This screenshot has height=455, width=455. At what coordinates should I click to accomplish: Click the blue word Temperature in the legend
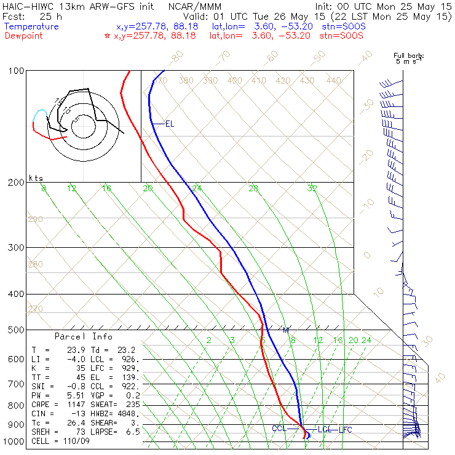(x=31, y=26)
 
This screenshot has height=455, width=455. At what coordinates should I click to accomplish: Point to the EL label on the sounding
(x=170, y=124)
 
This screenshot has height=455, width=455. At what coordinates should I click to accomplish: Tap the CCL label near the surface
(x=279, y=429)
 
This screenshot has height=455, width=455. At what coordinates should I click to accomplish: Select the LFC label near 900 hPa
(x=345, y=429)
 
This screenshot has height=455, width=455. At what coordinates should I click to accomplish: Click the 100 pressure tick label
(x=17, y=71)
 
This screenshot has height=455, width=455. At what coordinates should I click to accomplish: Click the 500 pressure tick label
(x=17, y=330)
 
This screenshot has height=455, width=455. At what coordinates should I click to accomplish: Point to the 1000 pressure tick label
(x=14, y=442)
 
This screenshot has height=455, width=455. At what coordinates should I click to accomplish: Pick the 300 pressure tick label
(x=17, y=247)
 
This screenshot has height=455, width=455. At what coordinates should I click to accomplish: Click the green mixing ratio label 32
(x=312, y=188)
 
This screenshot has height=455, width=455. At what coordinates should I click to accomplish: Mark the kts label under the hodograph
(x=36, y=178)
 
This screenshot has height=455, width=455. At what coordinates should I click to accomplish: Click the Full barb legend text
(x=408, y=56)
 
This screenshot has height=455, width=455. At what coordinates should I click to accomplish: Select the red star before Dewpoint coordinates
(x=108, y=36)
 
